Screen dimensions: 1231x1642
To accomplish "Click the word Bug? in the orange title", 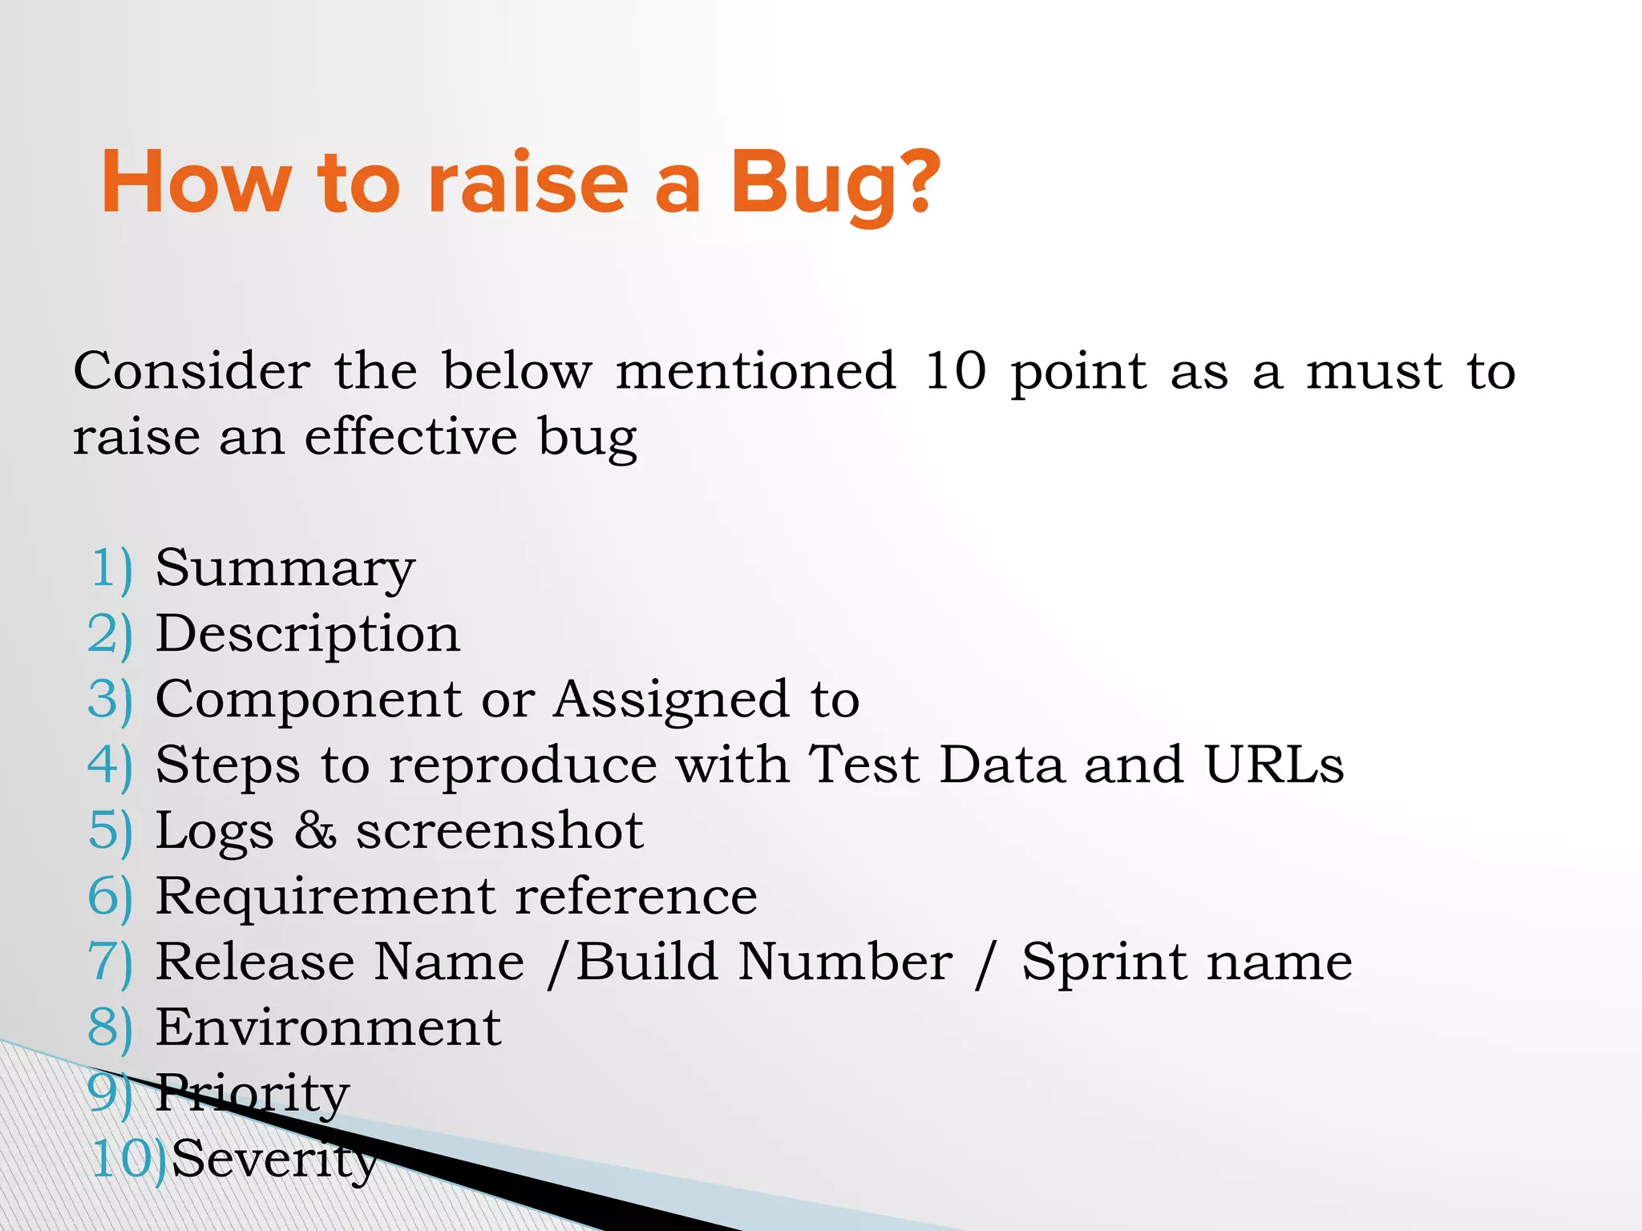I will pyautogui.click(x=834, y=184).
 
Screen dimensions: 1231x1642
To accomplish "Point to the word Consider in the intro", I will pyautogui.click(x=192, y=371).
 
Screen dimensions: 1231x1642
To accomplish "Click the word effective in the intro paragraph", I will pyautogui.click(x=410, y=437).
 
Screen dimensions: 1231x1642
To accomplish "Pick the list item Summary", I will pyautogui.click(x=285, y=569).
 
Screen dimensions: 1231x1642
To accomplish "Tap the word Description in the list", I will pyautogui.click(x=307, y=635).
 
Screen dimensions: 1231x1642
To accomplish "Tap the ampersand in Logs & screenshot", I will pyautogui.click(x=315, y=831).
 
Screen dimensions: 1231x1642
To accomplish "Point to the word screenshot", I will pyautogui.click(x=499, y=831).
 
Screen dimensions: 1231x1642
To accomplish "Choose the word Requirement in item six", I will pyautogui.click(x=324, y=896).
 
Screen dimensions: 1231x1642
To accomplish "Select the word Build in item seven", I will pyautogui.click(x=646, y=962).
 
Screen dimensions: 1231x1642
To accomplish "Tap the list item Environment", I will pyautogui.click(x=328, y=1027).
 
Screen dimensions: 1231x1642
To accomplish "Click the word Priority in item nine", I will pyautogui.click(x=252, y=1094).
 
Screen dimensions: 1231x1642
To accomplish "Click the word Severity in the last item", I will pyautogui.click(x=274, y=1160).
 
